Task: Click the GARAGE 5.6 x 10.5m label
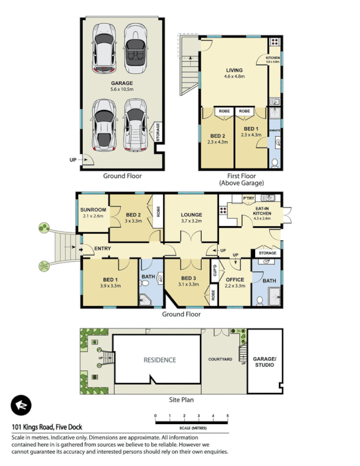coord(122,87)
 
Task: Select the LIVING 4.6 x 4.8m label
coord(234,73)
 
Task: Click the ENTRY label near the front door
coord(103,249)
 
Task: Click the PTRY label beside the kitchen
coord(248,198)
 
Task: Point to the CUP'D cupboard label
coord(214,271)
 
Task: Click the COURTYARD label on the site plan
coord(220,359)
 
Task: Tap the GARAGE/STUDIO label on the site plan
coord(264,362)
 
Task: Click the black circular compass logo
coord(22,405)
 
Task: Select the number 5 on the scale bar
coord(227,415)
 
